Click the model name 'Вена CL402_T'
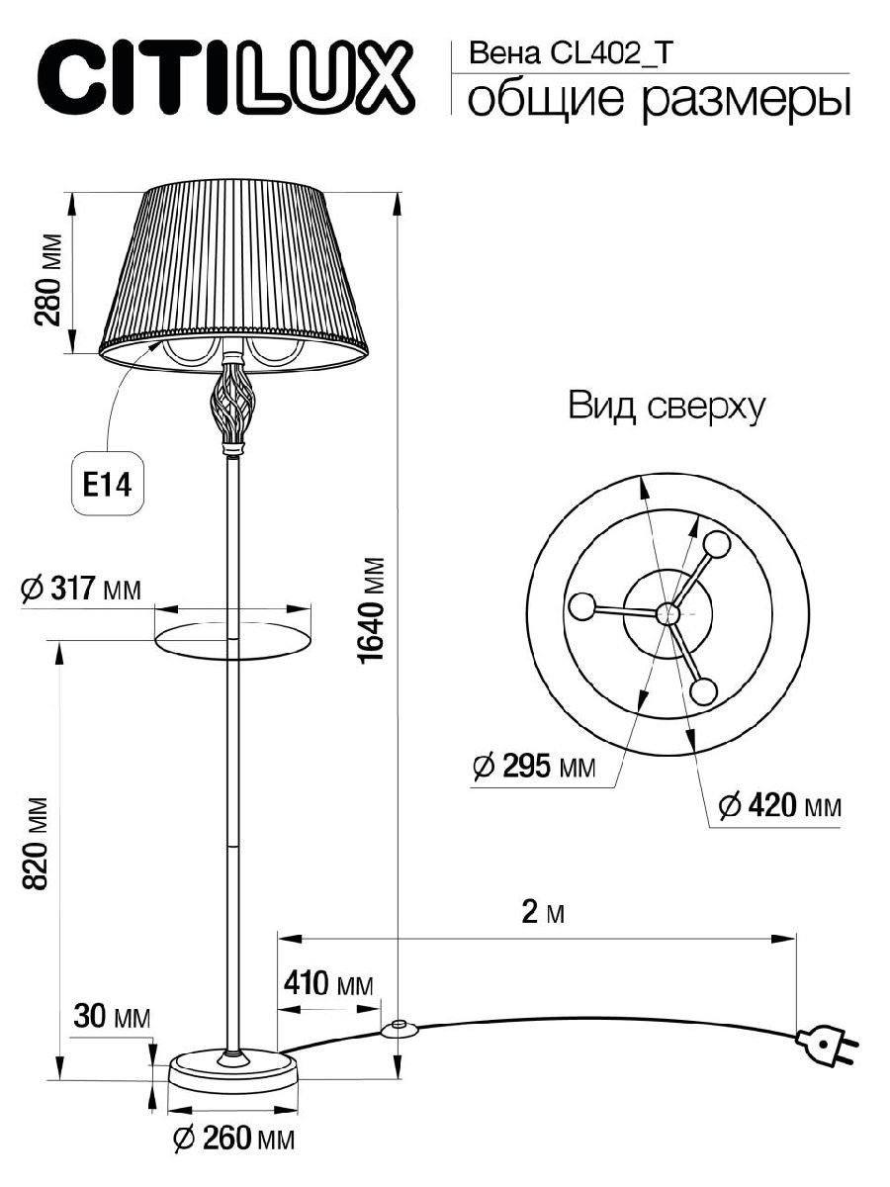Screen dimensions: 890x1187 (x=571, y=53)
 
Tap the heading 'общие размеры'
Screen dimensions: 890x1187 (x=659, y=100)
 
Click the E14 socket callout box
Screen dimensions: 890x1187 (x=108, y=483)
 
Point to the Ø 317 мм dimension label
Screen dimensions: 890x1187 (x=80, y=589)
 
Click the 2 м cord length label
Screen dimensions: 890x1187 (x=543, y=913)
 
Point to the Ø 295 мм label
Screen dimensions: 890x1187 (x=534, y=767)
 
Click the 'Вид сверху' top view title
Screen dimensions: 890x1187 (x=667, y=407)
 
